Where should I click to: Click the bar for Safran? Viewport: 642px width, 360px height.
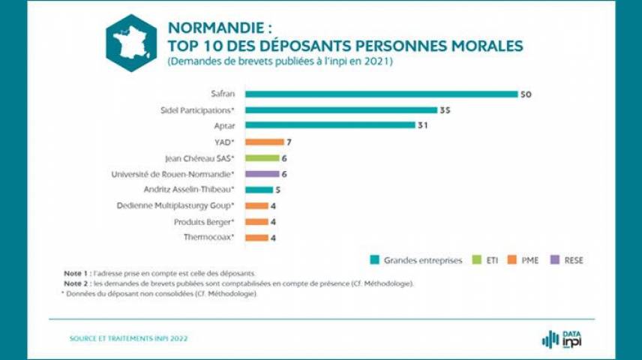coord(381,94)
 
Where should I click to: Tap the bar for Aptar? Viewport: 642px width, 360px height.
coord(330,125)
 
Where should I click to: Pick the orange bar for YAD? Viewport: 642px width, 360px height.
coord(265,142)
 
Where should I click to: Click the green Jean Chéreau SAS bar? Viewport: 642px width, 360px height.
coord(262,158)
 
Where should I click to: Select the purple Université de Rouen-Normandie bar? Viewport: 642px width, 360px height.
coord(262,174)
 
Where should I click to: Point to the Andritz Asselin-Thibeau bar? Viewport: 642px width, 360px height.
coord(259,190)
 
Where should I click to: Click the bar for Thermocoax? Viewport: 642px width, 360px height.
coord(256,238)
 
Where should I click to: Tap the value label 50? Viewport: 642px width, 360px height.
coord(526,94)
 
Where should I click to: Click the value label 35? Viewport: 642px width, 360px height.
coord(444,110)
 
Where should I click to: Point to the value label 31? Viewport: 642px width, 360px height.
coord(424,126)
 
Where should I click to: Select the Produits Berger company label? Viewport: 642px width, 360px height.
coord(205,222)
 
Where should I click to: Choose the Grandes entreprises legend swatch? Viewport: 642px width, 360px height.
coord(374,260)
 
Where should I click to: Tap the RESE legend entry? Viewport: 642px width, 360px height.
coord(566,260)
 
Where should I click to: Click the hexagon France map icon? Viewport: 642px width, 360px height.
coord(131,43)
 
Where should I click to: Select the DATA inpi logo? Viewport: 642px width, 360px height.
coord(562,339)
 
